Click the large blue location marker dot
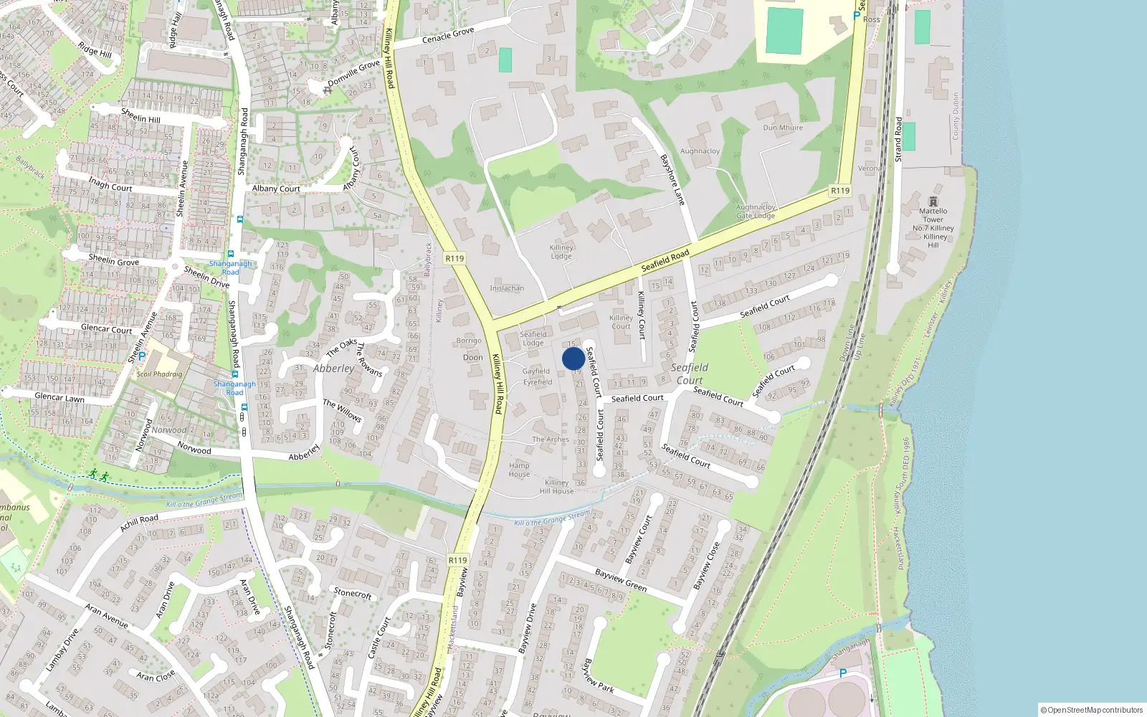tap(573, 358)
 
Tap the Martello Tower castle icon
tap(933, 201)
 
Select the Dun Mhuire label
tap(783, 128)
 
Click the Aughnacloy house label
tap(700, 151)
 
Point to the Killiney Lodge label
tap(561, 252)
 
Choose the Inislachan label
tap(507, 288)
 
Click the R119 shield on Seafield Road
tap(839, 191)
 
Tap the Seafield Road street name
tap(665, 260)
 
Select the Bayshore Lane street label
tap(672, 179)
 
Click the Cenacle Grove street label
tap(448, 35)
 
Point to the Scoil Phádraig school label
tap(160, 374)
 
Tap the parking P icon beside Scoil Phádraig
tap(142, 356)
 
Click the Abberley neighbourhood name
tap(333, 369)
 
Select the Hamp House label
tap(519, 470)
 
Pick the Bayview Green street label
tap(621, 580)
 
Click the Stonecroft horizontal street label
tap(353, 593)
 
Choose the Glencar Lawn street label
tap(60, 397)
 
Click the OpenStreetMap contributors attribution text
tap(1092, 710)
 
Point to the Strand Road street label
tap(898, 139)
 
